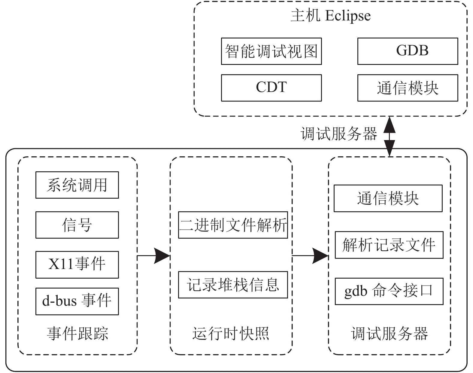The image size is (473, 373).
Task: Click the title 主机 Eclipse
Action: [x=331, y=16]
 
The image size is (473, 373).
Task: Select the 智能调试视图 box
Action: [x=271, y=51]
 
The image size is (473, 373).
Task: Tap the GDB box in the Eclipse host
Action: [x=408, y=51]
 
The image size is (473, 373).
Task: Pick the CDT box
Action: [x=271, y=88]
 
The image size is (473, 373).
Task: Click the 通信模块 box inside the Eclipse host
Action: [x=408, y=88]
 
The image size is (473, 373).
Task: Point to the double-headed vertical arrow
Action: [x=390, y=136]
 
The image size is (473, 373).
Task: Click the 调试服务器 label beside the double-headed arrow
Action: [x=339, y=133]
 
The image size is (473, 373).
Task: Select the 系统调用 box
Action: [x=77, y=185]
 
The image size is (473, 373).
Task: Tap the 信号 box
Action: [x=77, y=225]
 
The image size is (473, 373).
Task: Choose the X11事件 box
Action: [x=77, y=265]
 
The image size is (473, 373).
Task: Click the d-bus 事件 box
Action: [x=77, y=301]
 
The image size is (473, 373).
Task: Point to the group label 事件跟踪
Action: [x=77, y=333]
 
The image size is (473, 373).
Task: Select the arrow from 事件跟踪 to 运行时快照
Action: [x=154, y=256]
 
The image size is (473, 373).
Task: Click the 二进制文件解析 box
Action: [x=233, y=225]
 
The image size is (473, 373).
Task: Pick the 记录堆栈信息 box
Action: [x=233, y=285]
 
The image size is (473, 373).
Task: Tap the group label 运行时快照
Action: [x=231, y=333]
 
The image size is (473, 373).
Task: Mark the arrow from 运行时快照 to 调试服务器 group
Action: [x=310, y=256]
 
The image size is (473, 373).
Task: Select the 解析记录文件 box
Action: [x=389, y=245]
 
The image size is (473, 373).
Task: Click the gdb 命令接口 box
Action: [x=389, y=291]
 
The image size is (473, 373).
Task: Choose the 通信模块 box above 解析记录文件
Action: [x=388, y=198]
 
